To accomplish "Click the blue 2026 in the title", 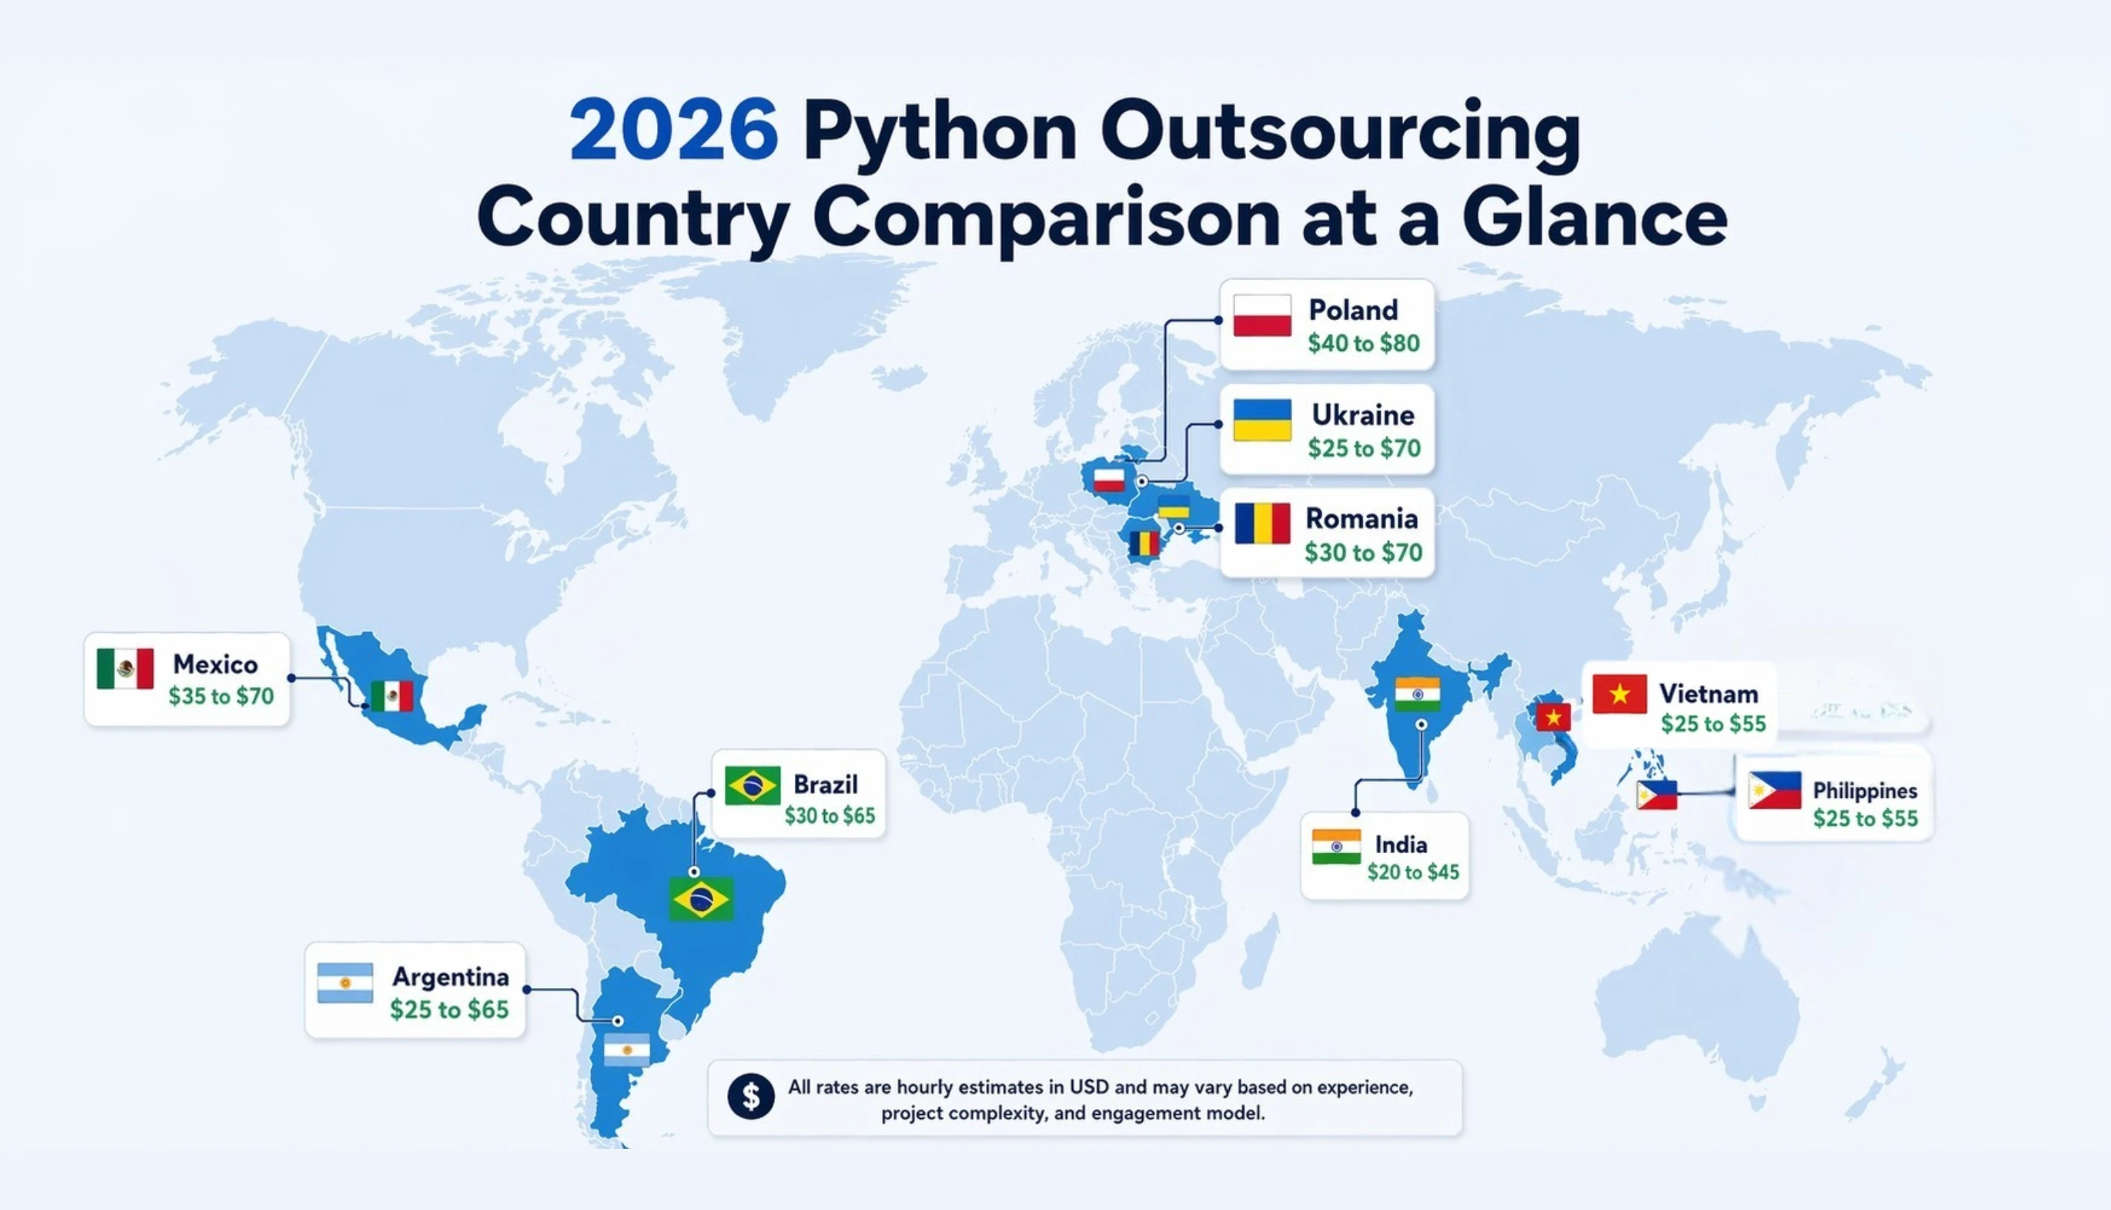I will point(674,131).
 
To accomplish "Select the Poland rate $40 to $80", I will point(1363,343).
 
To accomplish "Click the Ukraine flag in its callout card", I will point(1262,420).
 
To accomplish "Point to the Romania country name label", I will point(1361,518).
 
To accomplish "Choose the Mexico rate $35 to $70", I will point(221,696).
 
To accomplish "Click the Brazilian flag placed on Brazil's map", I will point(701,899).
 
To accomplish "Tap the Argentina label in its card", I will point(451,976).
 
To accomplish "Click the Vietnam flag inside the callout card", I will point(1619,695).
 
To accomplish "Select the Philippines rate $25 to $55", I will point(1865,818).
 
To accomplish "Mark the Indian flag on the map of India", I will point(1417,695).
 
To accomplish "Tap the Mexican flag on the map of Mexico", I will point(392,696).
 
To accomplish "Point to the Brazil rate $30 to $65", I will point(829,816).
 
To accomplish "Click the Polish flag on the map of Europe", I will point(1109,479).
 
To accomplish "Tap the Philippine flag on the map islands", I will point(1656,796).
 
